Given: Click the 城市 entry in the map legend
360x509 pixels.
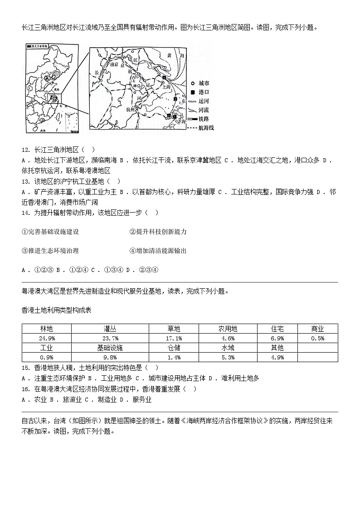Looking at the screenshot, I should tap(204, 84).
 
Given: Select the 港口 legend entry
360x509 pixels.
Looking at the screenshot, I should tap(204, 92).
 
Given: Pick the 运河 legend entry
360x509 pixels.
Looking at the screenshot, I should tap(204, 101).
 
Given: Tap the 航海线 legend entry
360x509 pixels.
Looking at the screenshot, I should tap(206, 128).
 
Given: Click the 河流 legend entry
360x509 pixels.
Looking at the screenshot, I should tap(204, 110).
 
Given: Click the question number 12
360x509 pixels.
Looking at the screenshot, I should tap(25, 150).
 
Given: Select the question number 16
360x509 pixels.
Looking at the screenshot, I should tap(25, 389).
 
